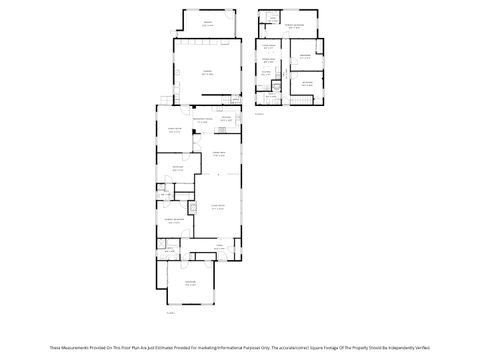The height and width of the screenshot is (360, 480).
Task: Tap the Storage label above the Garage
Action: point(208,22)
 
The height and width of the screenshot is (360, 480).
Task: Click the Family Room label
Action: point(175,130)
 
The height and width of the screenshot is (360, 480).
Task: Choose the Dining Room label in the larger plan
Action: point(218,153)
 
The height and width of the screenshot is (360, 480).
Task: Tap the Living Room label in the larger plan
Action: point(218,207)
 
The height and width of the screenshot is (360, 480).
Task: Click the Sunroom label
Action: point(189,284)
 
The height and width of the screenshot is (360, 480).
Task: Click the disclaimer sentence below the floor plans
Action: point(240,345)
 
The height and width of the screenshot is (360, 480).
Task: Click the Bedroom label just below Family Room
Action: point(177,167)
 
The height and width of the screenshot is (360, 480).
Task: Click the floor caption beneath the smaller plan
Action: point(258,114)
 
